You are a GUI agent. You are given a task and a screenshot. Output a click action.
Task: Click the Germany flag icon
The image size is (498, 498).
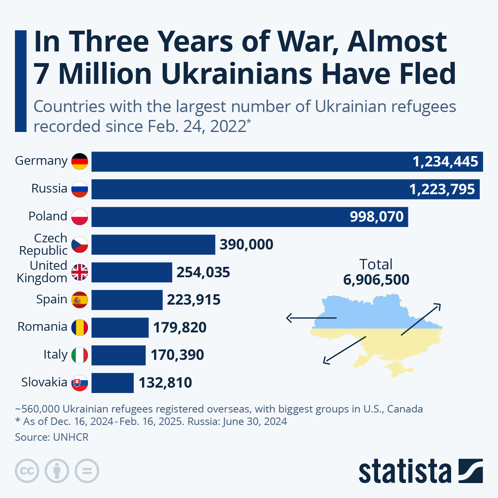(x=80, y=161)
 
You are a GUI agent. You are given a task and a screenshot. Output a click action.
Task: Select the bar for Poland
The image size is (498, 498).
(x=249, y=217)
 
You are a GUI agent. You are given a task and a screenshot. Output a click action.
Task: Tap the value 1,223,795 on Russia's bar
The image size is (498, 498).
(x=442, y=189)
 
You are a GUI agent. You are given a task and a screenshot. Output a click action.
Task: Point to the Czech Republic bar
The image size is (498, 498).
(x=153, y=244)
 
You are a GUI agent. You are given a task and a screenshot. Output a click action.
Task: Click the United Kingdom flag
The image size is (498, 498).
(x=80, y=272)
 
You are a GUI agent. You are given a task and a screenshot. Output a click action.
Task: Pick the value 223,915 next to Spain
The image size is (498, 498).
(x=194, y=300)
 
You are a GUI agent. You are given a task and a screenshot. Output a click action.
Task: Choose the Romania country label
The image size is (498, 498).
(x=42, y=327)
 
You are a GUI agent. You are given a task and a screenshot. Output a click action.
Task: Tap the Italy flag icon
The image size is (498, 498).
(x=80, y=355)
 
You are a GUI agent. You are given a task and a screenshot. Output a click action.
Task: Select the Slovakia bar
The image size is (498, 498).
(x=112, y=383)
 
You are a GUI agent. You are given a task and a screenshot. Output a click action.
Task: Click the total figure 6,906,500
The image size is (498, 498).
(x=376, y=280)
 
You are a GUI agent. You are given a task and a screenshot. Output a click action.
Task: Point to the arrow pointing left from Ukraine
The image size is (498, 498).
(x=311, y=318)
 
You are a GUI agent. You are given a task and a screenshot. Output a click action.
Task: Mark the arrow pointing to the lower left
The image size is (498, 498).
(x=344, y=350)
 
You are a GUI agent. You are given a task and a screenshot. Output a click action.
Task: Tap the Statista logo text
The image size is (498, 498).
(x=405, y=471)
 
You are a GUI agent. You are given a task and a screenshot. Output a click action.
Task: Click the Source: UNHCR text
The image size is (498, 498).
(x=52, y=437)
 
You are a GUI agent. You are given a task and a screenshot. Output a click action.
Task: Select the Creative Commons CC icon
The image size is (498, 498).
(x=27, y=471)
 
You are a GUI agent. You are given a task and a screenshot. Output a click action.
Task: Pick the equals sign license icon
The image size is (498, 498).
(x=87, y=471)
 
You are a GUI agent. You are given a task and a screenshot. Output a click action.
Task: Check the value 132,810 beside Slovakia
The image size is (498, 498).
(x=165, y=383)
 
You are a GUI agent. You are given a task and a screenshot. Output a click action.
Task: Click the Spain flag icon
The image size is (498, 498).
(x=80, y=300)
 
